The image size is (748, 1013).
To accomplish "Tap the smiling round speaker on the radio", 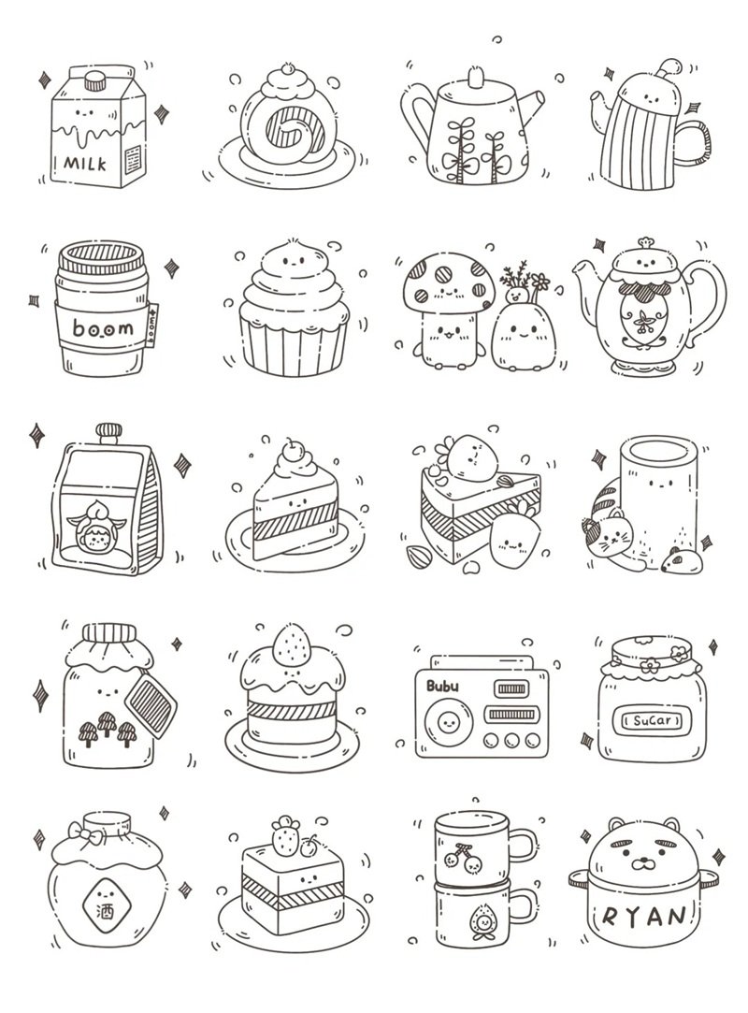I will pos(446,722).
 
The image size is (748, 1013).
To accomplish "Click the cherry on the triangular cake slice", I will pos(296,446).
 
